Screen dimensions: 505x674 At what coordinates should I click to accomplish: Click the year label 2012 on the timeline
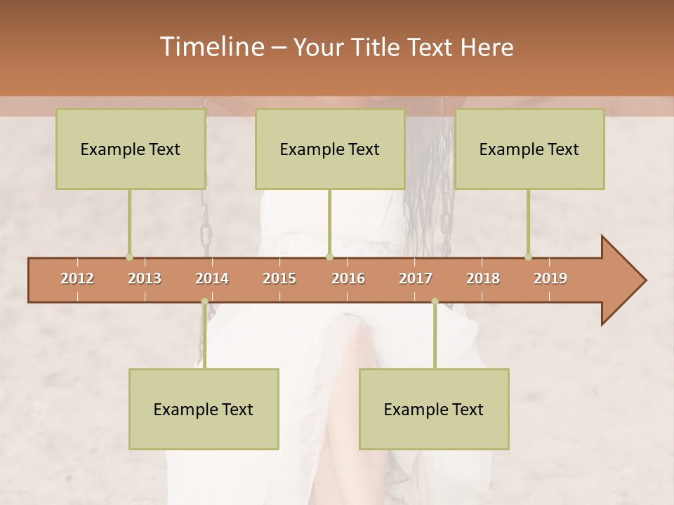(x=77, y=278)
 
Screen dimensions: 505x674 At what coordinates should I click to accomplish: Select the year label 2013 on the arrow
(x=145, y=278)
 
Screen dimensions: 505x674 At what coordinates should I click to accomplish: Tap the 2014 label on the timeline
(x=212, y=278)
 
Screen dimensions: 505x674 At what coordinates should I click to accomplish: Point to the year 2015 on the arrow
(x=279, y=278)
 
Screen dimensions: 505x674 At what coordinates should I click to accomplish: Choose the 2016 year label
(x=348, y=278)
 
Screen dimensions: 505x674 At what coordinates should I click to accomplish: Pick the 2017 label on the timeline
(x=416, y=278)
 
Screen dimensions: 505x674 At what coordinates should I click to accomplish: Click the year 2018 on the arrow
(x=483, y=278)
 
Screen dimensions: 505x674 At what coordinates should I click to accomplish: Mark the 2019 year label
(x=550, y=278)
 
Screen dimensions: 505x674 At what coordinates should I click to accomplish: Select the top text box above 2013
(x=131, y=149)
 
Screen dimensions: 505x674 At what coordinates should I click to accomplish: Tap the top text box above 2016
(x=330, y=149)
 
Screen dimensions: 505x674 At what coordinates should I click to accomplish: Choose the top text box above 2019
(x=529, y=149)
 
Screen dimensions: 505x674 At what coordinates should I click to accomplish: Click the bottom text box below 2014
(x=204, y=409)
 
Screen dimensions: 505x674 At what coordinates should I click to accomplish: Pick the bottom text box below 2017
(x=434, y=409)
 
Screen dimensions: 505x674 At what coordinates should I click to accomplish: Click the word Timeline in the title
(x=211, y=47)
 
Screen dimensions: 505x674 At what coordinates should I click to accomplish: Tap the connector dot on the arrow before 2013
(x=129, y=257)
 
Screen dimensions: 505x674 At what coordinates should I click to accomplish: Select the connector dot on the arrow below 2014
(x=204, y=302)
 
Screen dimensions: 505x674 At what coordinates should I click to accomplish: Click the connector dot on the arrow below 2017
(x=435, y=302)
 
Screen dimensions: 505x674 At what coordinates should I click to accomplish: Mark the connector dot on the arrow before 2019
(x=528, y=257)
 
